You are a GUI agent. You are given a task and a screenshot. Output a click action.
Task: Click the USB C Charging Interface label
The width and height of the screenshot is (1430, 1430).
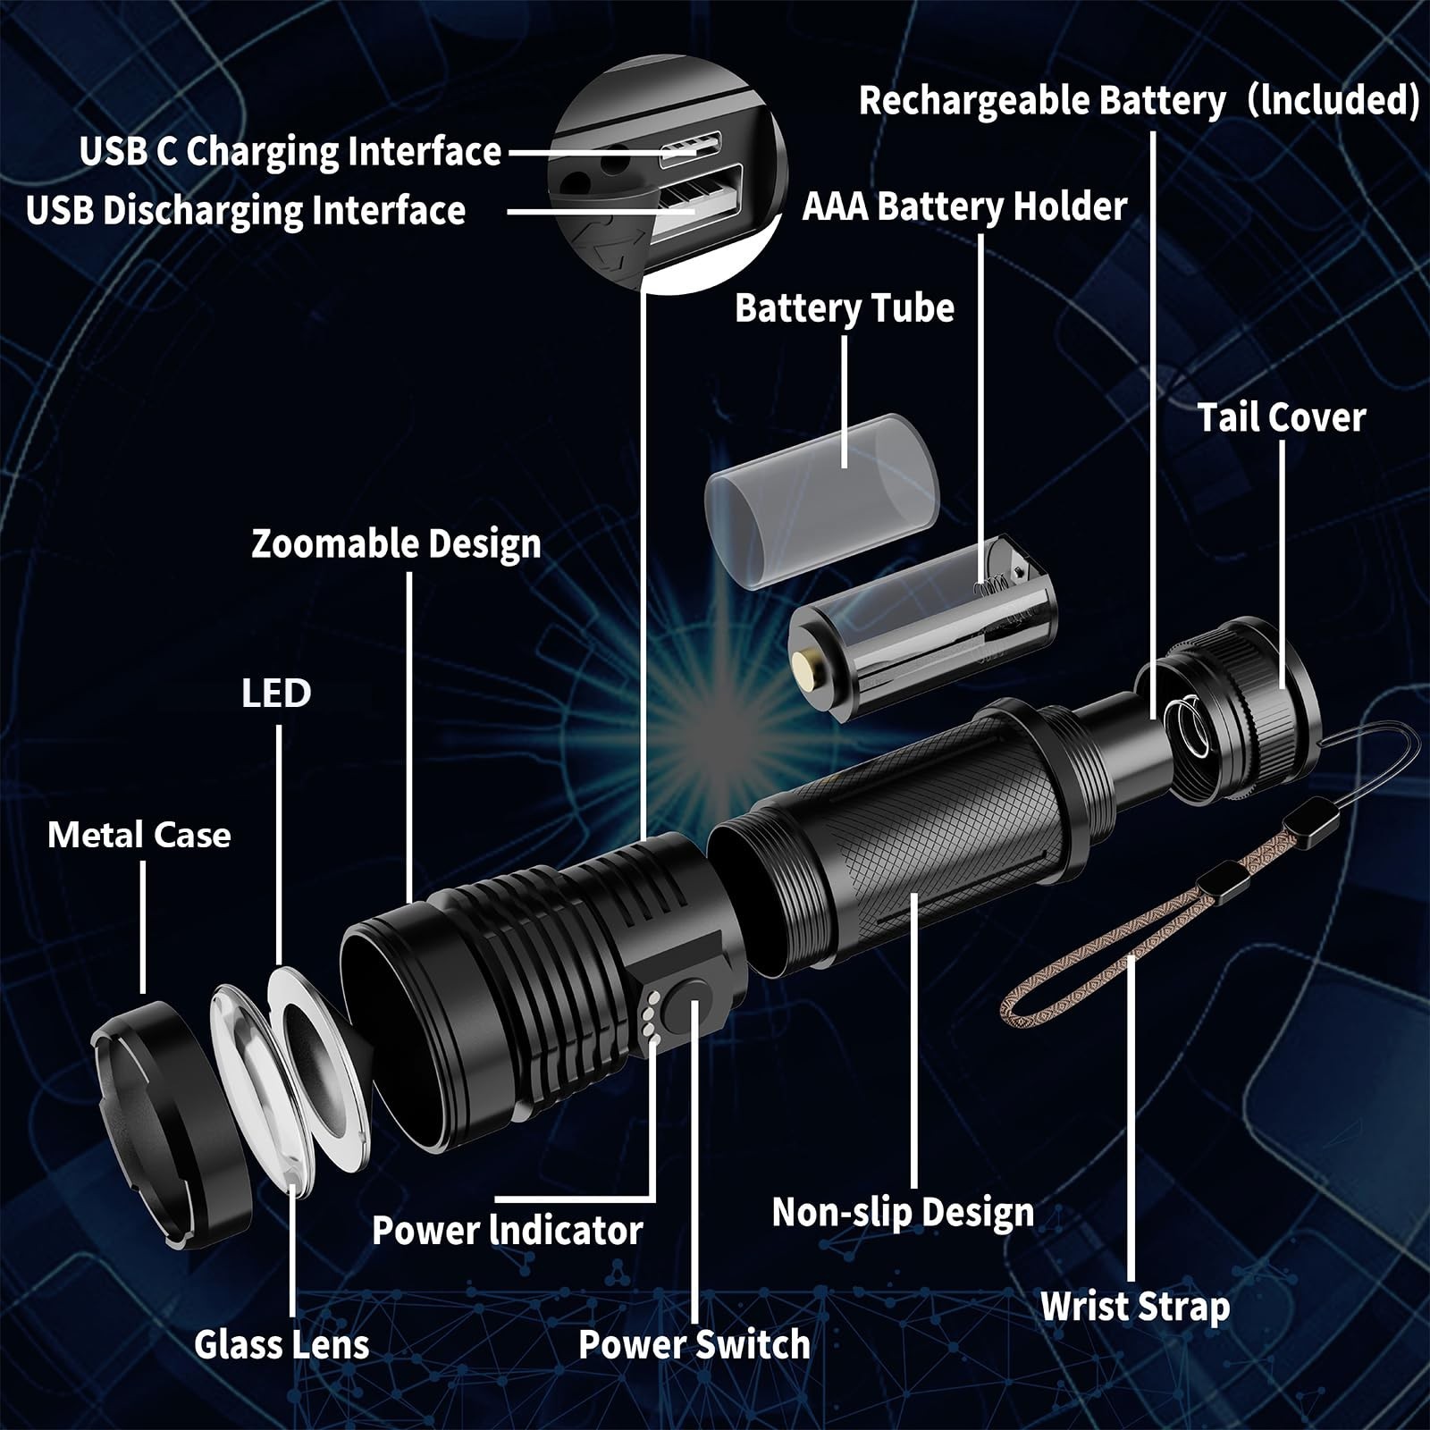point(290,151)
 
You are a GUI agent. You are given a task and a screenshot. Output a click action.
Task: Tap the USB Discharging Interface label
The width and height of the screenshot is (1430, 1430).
point(246,211)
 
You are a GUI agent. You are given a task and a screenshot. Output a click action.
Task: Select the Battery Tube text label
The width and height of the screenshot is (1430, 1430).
point(844,308)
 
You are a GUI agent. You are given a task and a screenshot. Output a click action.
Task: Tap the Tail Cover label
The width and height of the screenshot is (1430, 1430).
point(1281,417)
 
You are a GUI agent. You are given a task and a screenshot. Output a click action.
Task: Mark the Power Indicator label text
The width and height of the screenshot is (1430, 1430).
point(507,1231)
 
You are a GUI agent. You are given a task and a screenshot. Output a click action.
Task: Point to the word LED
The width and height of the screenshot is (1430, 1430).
point(276,694)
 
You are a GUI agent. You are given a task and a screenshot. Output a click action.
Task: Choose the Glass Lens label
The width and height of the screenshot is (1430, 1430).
point(282,1344)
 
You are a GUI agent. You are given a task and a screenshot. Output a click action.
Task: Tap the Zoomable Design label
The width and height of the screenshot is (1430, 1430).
point(396,544)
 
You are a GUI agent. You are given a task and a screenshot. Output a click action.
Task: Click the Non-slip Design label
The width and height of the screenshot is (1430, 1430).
point(903,1213)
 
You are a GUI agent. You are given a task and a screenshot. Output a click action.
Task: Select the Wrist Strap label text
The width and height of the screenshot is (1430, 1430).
point(1135,1307)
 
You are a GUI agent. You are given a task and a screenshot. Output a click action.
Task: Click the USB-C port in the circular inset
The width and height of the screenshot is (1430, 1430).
point(690,149)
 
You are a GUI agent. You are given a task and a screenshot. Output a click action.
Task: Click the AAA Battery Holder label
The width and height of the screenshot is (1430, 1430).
point(964,206)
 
